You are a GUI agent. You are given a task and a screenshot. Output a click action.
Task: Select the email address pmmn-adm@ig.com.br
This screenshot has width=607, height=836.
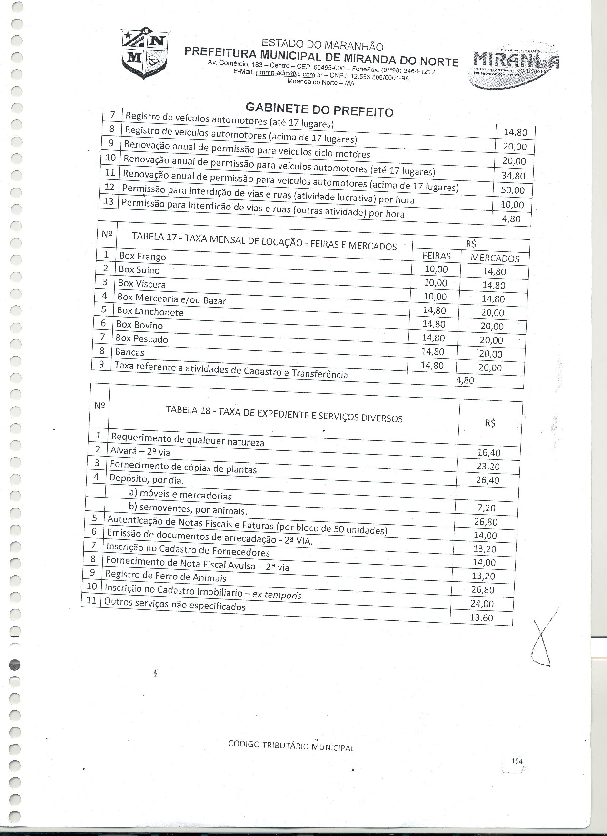point(289,75)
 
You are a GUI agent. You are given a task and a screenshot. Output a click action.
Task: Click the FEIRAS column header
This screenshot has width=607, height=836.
point(437,256)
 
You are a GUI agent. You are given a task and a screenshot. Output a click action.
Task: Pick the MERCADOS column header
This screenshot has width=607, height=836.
point(495,258)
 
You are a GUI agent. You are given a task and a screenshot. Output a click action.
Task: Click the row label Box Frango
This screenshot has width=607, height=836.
point(142,256)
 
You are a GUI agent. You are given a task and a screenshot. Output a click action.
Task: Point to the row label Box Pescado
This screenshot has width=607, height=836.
point(142,338)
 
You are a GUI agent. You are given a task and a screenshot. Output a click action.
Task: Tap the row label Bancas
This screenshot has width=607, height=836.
point(129,352)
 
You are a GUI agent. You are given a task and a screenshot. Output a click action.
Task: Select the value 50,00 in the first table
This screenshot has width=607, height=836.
point(513,190)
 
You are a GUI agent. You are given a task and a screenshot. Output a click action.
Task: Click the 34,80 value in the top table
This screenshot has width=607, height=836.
point(513,176)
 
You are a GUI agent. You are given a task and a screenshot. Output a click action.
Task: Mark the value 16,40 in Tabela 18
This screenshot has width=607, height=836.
point(489,453)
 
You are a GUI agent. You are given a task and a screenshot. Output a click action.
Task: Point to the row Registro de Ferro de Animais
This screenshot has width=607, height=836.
point(166,576)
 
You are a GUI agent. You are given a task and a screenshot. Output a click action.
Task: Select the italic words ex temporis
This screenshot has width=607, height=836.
point(277,595)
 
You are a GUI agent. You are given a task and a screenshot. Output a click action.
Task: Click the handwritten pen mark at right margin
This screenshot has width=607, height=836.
point(542,643)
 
